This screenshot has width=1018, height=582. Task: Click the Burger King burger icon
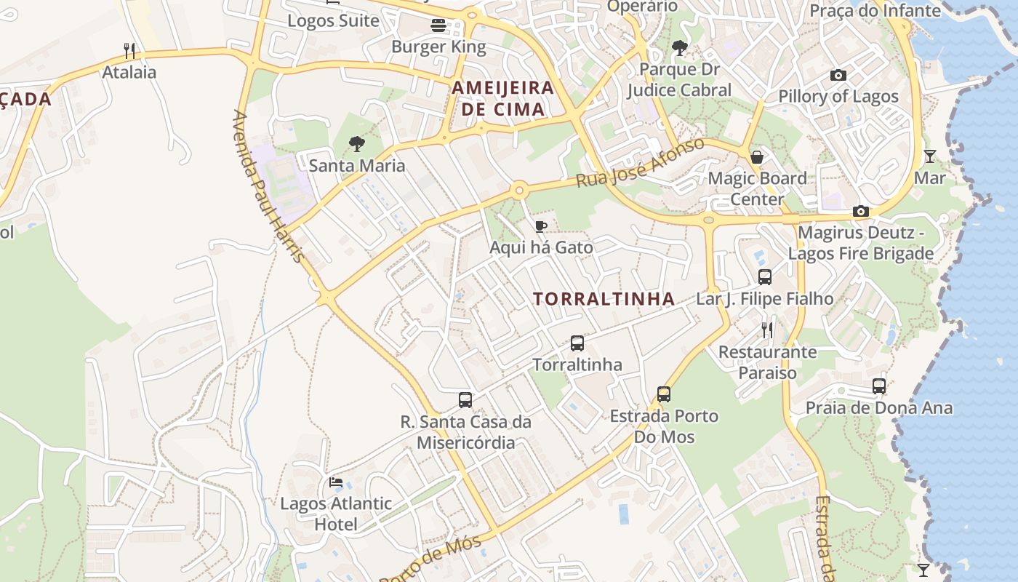(x=438, y=25)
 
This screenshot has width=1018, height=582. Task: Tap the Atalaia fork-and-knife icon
(x=129, y=50)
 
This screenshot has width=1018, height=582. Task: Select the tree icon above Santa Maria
(x=356, y=143)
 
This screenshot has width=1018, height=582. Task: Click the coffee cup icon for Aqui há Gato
(x=540, y=226)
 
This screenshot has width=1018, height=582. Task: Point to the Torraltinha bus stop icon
(x=577, y=343)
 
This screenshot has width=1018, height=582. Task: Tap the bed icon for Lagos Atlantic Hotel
(x=336, y=482)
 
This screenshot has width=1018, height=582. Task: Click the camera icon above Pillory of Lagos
(x=838, y=75)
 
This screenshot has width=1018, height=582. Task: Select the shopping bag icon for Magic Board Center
(x=757, y=156)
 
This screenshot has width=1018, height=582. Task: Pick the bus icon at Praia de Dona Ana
(x=879, y=386)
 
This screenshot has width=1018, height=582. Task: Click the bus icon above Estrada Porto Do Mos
(x=664, y=394)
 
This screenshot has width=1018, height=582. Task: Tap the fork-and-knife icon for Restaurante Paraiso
(x=767, y=330)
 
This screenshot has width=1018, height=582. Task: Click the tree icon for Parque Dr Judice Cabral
(x=680, y=48)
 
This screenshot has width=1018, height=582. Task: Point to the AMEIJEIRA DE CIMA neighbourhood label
(x=502, y=98)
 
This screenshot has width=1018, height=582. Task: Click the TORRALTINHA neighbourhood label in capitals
(x=604, y=299)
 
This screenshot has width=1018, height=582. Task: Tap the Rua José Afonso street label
(x=641, y=162)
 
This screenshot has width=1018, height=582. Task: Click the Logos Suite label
(x=333, y=20)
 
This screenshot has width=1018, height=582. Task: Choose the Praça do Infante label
(x=875, y=10)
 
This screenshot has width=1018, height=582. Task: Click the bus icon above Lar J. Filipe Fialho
(x=765, y=276)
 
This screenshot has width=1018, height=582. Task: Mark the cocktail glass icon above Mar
(x=929, y=156)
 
